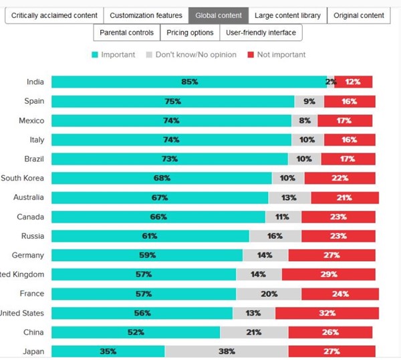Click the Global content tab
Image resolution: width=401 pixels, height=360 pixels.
coord(219,15)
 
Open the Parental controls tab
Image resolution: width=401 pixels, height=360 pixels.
coord(126,32)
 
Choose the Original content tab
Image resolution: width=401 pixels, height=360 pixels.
coord(358,15)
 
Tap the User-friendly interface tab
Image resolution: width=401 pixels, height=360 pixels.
coord(261,32)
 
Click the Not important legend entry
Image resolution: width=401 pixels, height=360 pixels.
coord(277,55)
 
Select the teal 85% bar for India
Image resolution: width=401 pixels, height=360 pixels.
coord(188,82)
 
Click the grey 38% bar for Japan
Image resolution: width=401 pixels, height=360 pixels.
coord(227,351)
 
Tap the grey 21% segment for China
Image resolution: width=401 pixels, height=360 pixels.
coord(254,333)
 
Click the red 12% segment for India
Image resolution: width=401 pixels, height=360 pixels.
coord(353,82)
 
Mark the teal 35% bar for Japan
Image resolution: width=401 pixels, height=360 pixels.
coord(108,351)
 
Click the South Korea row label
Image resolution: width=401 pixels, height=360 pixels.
coord(23,178)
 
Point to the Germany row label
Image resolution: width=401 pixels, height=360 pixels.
coord(28,255)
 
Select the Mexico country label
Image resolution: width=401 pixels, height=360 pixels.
coord(31,120)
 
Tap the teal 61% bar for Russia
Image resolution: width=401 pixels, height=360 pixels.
coord(150,236)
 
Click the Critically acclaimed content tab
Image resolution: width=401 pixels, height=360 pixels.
coord(54,15)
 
